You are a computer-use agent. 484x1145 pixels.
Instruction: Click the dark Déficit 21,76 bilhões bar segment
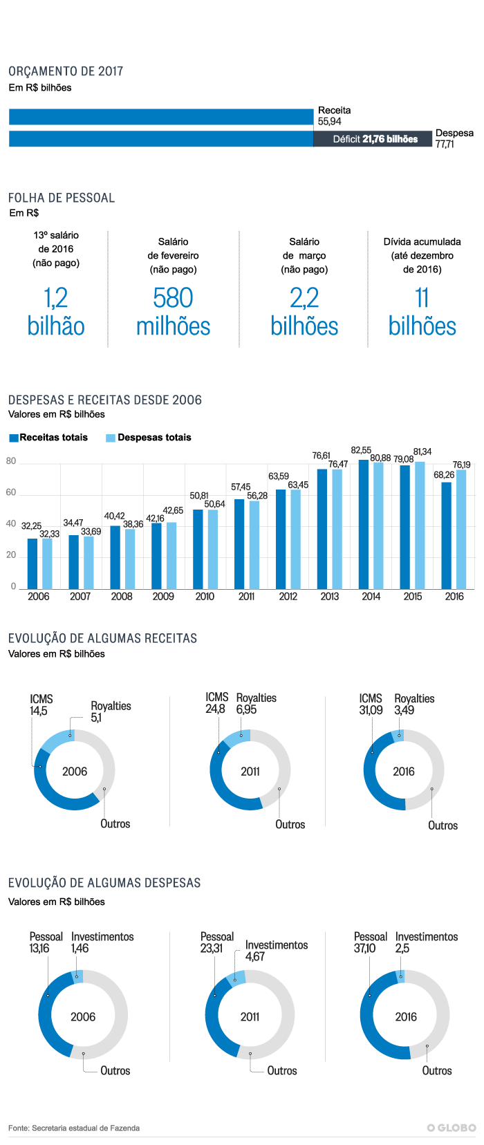373,139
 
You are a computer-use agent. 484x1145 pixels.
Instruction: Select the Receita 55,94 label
334,115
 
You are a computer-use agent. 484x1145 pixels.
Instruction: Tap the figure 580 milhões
173,312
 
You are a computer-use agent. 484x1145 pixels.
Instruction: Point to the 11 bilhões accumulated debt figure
422,312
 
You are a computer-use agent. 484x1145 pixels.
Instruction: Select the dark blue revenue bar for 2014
364,524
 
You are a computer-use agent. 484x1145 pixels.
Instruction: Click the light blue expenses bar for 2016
461,529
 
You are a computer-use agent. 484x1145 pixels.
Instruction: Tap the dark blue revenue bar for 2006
32,564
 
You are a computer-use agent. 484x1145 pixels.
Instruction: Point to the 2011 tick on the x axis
246,597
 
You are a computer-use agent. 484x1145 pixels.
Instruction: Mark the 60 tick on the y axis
11,493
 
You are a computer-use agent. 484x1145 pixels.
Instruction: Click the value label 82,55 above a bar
361,451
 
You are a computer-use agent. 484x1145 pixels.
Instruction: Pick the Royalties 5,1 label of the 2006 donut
111,711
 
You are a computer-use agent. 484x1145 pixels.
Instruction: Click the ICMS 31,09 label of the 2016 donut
371,704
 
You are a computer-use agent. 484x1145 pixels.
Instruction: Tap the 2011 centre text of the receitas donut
250,772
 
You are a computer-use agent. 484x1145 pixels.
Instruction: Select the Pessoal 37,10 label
370,942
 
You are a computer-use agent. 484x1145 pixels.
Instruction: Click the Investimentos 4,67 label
276,951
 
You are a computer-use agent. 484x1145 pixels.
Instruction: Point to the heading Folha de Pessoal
62,198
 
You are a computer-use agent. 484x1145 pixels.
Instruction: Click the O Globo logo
452,1128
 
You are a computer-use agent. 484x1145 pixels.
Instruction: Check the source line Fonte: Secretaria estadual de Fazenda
74,1128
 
